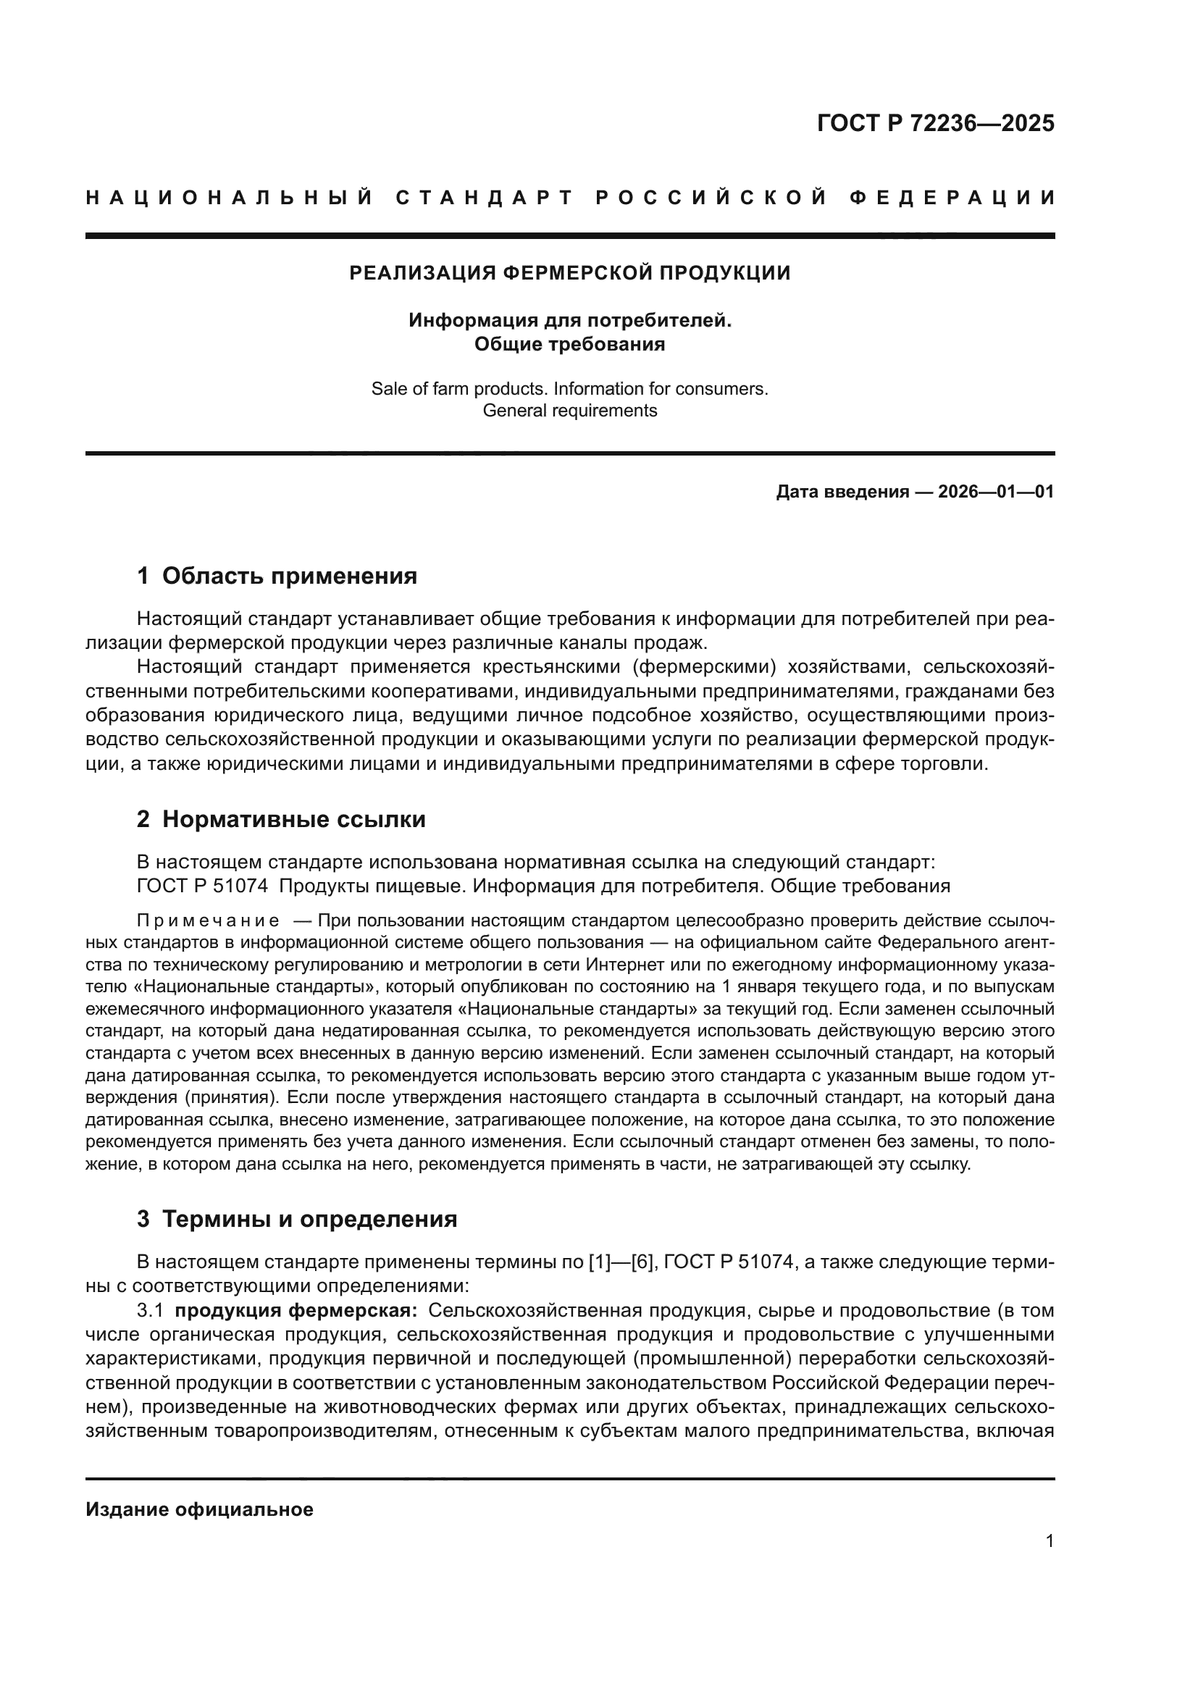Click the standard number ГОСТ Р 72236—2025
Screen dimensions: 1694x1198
tap(934, 123)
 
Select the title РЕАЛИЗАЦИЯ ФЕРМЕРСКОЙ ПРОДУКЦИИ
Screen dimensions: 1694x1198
tap(569, 274)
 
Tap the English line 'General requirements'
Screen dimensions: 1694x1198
tap(569, 411)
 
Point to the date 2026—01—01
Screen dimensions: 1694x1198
tap(995, 492)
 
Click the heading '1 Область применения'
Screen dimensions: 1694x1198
tap(277, 576)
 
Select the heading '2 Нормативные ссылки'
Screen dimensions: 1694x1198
tap(281, 820)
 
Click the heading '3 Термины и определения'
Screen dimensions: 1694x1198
tap(296, 1220)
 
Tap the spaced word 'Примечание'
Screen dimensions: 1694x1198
tap(208, 921)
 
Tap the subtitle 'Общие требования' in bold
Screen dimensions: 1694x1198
tap(569, 345)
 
